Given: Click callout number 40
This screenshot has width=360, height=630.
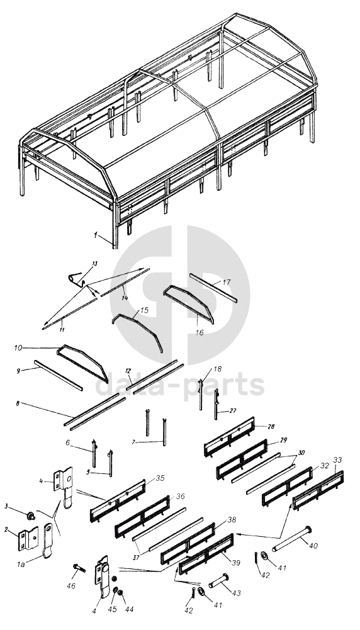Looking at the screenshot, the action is point(313,546).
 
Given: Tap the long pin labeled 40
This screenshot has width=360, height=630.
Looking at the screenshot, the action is point(292,538).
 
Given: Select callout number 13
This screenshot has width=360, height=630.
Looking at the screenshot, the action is point(94,264).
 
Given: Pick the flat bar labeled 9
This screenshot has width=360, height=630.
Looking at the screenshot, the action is point(59,375).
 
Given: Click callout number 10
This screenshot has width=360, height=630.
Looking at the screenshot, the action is point(18,348).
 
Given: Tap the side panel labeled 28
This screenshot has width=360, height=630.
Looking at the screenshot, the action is point(230,437).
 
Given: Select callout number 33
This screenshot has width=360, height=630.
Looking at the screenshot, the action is point(337,460).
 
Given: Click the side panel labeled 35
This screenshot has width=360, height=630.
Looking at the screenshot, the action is point(118,500).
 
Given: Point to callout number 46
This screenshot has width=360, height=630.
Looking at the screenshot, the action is point(71,586).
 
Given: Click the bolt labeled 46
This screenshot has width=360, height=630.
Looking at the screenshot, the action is point(79,568).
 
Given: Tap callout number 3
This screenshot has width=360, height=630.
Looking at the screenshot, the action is point(6,506).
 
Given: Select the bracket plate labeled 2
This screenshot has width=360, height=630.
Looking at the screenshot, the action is point(28,539).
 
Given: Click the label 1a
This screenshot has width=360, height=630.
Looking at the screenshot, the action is point(21,565).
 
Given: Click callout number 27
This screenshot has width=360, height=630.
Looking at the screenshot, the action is point(233,411).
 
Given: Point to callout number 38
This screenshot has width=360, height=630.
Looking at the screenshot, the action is point(232,519).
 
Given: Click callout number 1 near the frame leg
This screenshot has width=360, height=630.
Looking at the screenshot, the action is point(95,235).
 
